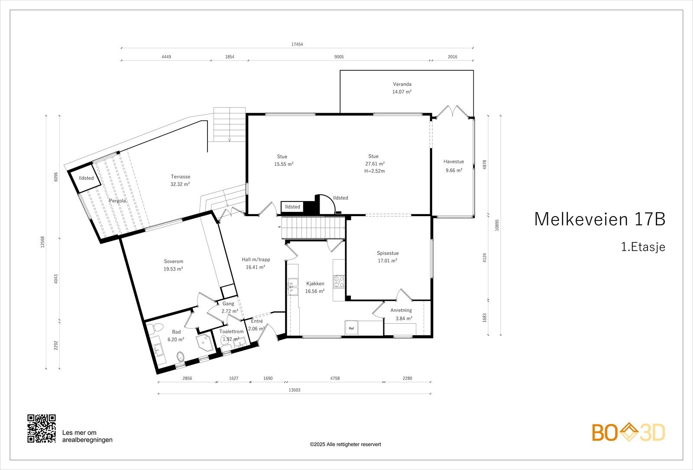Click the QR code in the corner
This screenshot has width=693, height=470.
pos(42,428)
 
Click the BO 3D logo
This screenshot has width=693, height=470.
pos(628,433)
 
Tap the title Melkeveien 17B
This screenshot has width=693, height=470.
pos(599,219)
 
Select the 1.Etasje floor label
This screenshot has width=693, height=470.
pos(643,247)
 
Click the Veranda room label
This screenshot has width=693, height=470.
pos(402,84)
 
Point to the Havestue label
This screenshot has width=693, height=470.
pos(453,162)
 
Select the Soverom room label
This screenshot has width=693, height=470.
pos(173,261)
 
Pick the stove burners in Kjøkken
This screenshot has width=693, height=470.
pos(338,282)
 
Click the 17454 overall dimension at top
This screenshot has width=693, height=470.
pos(297,44)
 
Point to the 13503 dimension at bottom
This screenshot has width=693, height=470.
pos(294,390)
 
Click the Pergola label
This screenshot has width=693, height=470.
pos(117,201)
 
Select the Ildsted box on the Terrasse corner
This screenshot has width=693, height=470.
pos(86,178)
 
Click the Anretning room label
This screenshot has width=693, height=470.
pos(401,310)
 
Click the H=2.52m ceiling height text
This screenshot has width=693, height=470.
pos(375,171)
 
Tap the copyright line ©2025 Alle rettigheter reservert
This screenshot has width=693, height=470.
pos(345,444)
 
